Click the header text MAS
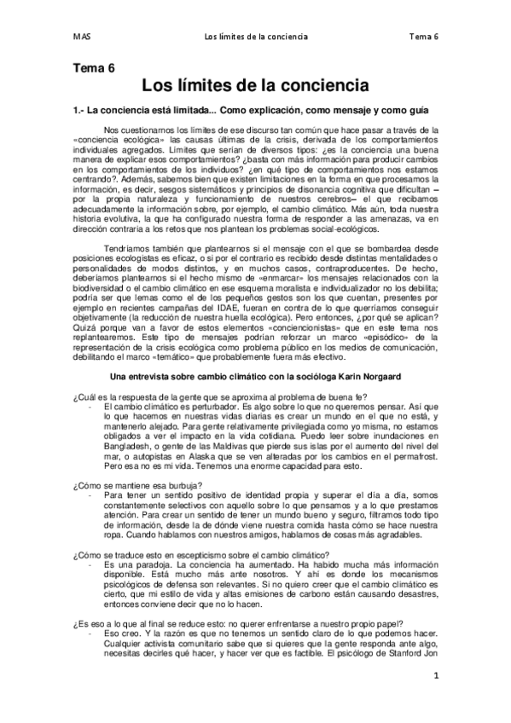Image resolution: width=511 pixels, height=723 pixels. pyautogui.click(x=82, y=37)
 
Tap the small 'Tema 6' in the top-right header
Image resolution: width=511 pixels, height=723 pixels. pyautogui.click(x=423, y=37)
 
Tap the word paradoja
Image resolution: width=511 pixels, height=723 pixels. pyautogui.click(x=136, y=566)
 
